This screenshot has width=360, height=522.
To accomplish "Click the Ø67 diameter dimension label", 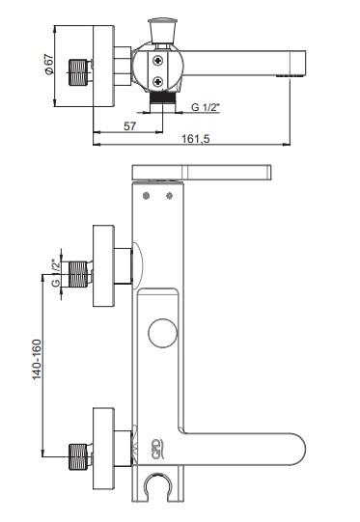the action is point(48,64).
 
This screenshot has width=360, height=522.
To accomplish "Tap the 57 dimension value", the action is point(130,126).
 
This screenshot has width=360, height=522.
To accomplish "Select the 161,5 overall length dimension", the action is point(196,139).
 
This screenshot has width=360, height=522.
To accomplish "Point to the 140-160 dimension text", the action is point(37,359).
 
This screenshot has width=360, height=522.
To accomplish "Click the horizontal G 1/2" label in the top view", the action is point(207,107).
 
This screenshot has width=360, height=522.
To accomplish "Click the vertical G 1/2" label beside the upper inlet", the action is point(56,272).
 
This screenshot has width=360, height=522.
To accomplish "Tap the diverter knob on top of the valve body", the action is point(163,30).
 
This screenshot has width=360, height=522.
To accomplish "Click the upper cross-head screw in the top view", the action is point(158,61).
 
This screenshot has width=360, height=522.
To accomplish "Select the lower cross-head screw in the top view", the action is point(158,82).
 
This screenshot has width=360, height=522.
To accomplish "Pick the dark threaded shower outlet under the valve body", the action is point(163,97).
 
